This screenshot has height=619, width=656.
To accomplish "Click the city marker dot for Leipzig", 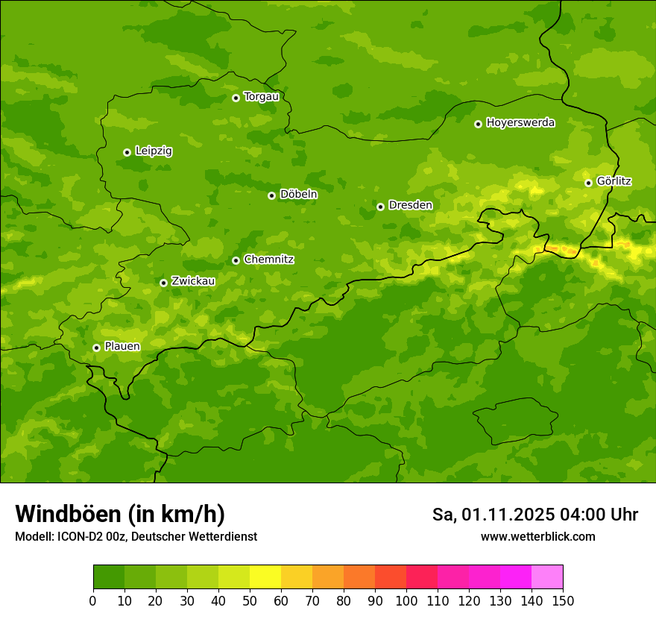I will [x=127, y=152].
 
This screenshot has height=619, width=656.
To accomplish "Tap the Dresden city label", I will [x=410, y=205].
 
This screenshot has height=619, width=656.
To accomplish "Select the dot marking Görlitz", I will [x=588, y=183].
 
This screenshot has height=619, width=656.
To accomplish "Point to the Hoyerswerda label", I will [x=520, y=123].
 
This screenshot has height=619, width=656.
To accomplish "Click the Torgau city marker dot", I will [x=236, y=98].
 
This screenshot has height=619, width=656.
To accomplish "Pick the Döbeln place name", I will [x=298, y=195].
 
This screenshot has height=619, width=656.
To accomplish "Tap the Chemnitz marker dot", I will [x=236, y=260].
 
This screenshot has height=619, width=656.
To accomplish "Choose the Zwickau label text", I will [x=193, y=281].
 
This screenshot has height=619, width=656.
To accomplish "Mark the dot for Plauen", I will [x=96, y=348].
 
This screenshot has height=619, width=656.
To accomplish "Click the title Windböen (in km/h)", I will [x=120, y=514].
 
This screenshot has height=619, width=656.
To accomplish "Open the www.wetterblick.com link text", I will [x=537, y=536].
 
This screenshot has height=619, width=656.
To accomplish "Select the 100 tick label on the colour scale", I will [x=406, y=600].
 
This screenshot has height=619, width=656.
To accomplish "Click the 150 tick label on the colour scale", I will [x=563, y=600].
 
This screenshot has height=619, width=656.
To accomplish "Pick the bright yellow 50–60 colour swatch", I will [x=265, y=577].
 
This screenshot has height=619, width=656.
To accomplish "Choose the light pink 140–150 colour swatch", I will [x=547, y=577].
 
